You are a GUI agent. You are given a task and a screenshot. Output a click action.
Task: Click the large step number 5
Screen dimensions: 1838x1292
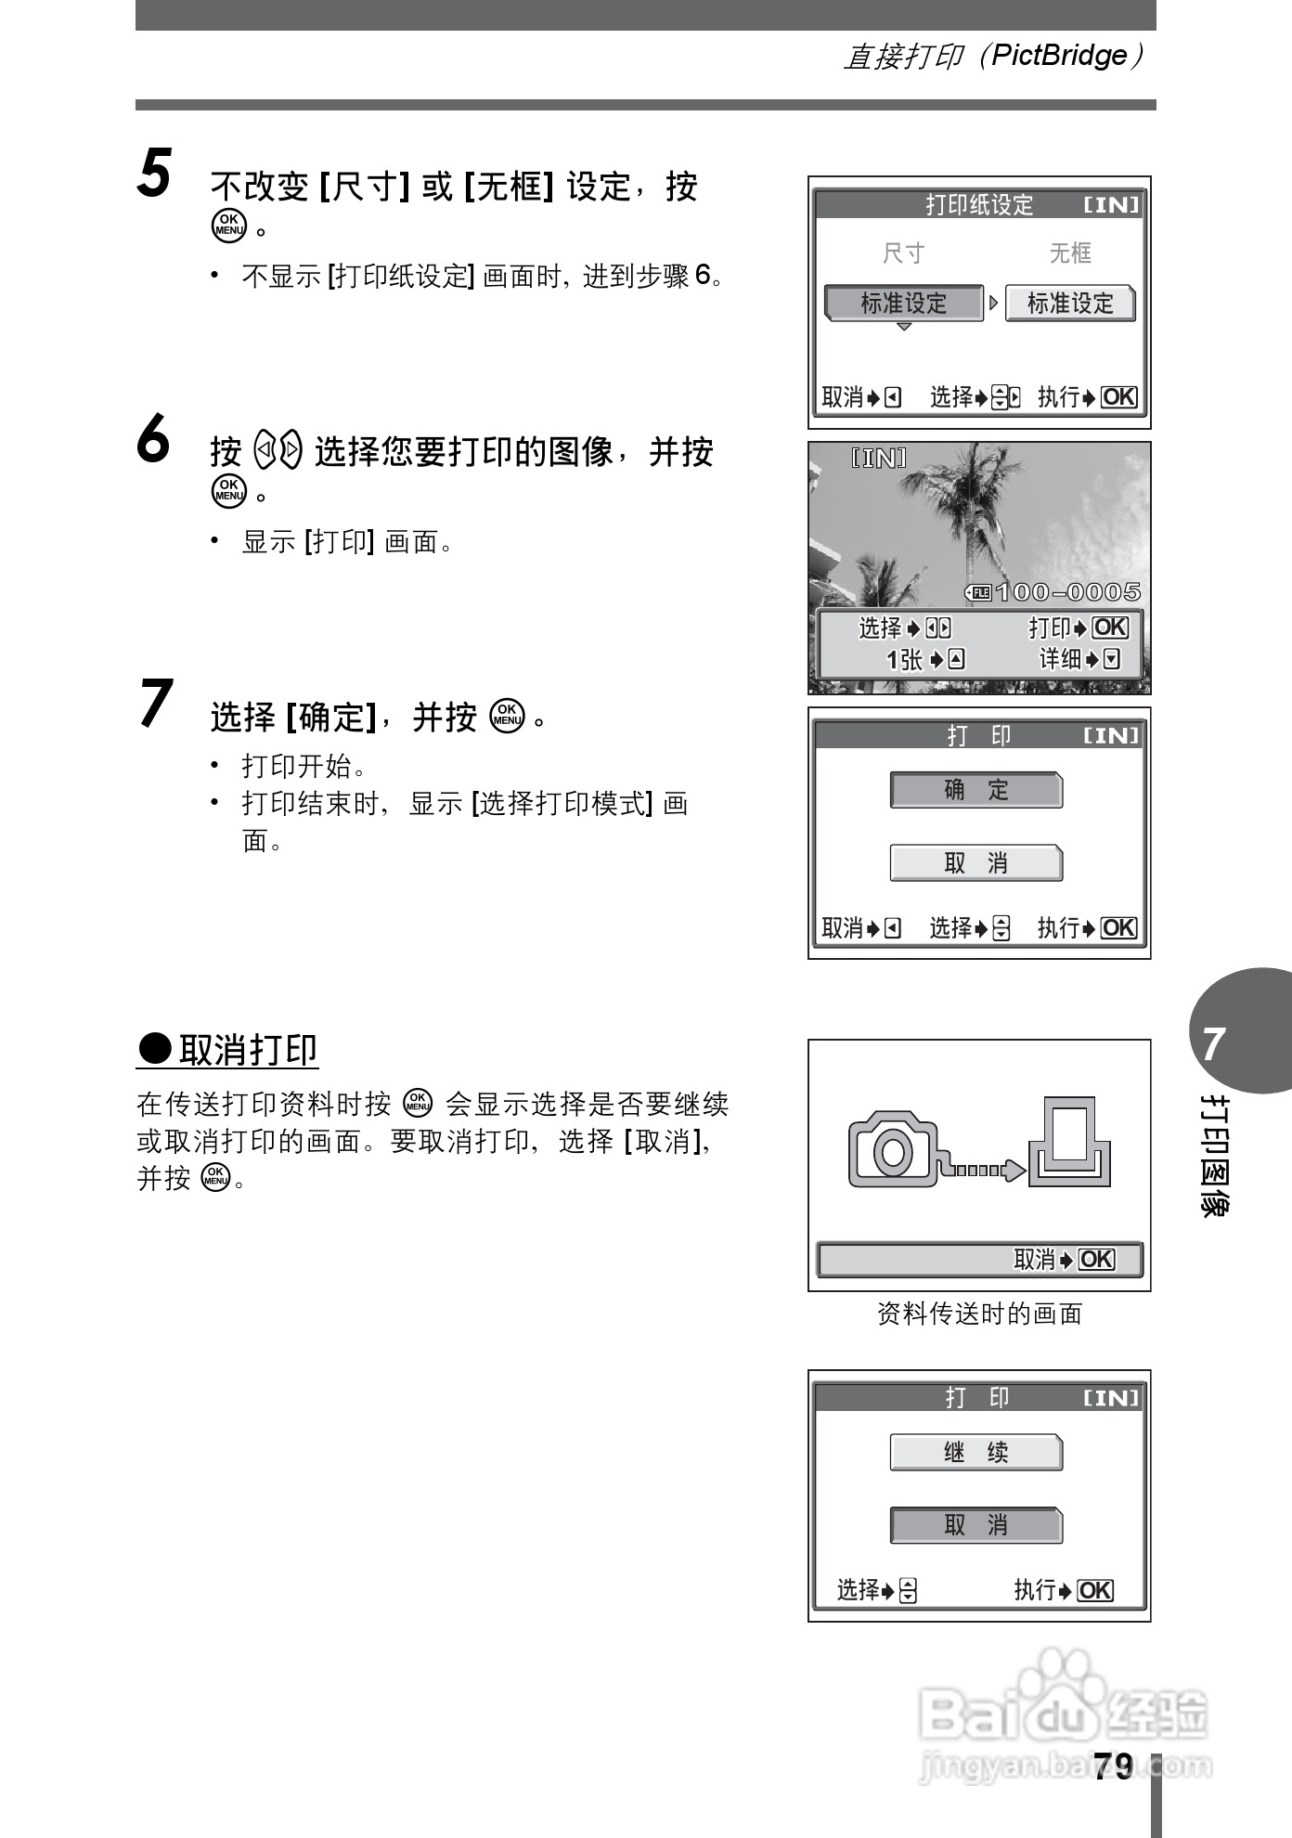point(154,174)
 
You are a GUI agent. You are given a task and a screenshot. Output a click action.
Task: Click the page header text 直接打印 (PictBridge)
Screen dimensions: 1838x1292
point(993,56)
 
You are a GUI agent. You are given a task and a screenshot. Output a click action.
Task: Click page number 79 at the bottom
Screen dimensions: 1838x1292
point(1113,1767)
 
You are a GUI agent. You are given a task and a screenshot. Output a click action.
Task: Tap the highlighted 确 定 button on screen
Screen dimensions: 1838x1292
point(975,790)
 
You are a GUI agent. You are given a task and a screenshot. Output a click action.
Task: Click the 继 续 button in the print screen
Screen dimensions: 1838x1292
point(975,1453)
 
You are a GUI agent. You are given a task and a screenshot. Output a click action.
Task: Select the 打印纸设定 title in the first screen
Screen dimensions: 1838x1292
point(979,205)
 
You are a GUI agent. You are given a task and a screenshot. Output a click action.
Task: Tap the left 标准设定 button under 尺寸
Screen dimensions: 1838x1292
point(903,304)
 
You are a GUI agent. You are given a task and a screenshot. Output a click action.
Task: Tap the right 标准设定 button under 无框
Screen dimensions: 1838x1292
point(1070,304)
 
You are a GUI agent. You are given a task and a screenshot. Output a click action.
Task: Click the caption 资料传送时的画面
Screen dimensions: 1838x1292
point(979,1314)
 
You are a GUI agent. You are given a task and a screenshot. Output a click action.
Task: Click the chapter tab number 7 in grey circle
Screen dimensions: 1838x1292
point(1214,1044)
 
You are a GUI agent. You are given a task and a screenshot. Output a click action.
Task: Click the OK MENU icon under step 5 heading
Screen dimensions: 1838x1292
point(228,226)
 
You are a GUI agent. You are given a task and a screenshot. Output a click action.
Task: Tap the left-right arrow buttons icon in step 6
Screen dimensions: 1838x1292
point(278,452)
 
